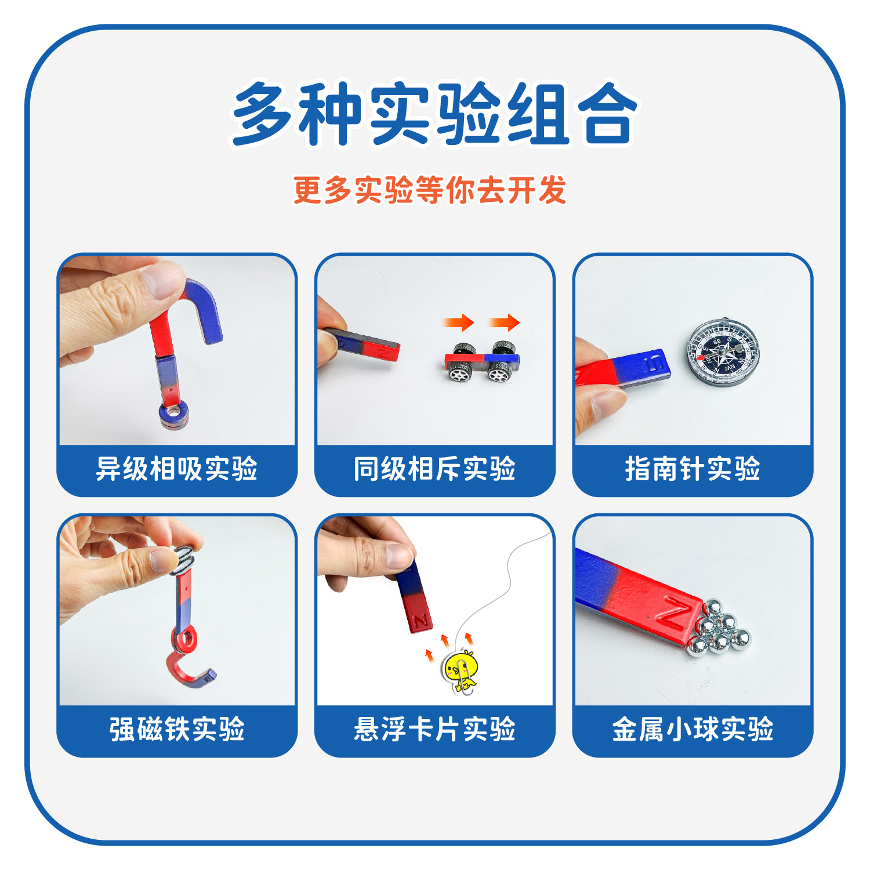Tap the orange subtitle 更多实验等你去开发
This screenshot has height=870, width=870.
430,190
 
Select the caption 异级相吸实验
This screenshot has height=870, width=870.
176,469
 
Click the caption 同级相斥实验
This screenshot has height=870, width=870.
434,469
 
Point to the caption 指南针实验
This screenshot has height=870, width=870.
693,469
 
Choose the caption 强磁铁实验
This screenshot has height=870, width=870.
176,729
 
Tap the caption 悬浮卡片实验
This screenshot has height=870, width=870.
434,729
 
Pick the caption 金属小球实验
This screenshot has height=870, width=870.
693,729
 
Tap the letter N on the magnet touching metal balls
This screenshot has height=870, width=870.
674,614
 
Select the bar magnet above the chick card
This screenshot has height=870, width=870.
414,597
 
